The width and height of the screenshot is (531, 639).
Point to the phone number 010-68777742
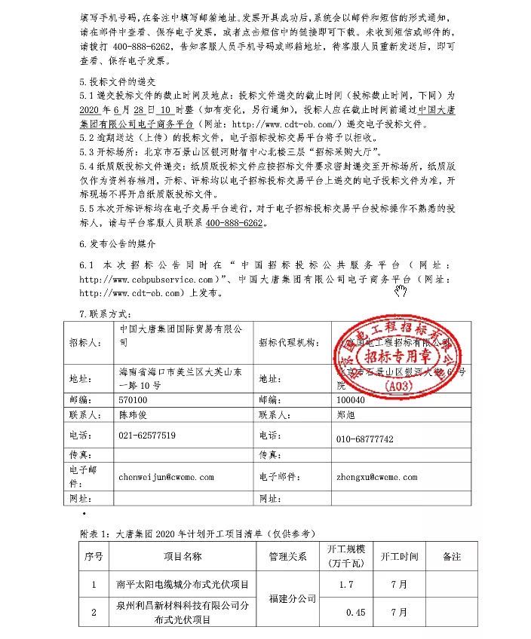click(x=366, y=439)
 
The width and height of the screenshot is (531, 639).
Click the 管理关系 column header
click(x=287, y=558)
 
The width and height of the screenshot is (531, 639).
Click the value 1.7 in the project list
click(x=347, y=584)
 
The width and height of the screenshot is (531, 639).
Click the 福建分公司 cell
click(x=287, y=599)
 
